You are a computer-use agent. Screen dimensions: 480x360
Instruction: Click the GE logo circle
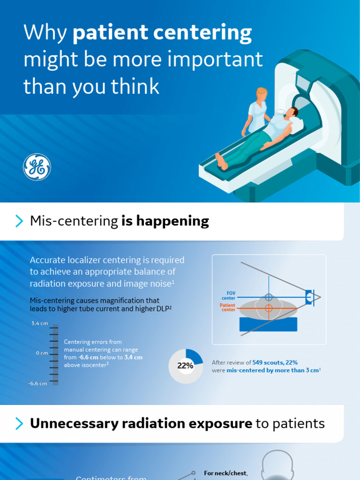tap(37, 167)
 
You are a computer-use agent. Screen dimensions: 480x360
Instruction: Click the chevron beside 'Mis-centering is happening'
tap(19, 221)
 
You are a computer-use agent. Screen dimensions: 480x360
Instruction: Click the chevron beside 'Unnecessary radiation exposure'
tap(19, 424)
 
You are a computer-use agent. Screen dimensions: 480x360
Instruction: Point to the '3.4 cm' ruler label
tap(39, 323)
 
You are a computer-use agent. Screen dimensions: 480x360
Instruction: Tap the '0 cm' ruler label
tap(42, 353)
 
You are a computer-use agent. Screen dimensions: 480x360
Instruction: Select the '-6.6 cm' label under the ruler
tap(37, 383)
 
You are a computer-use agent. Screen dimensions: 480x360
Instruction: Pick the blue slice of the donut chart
tap(195, 356)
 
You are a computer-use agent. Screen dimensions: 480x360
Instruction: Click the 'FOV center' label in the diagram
tap(229, 296)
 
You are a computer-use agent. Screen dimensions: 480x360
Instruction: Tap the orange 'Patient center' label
tap(228, 307)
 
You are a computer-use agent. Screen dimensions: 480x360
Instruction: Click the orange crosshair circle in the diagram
tap(269, 308)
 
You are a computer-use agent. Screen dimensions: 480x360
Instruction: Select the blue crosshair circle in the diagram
tap(269, 297)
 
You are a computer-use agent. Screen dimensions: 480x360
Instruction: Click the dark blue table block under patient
tap(269, 324)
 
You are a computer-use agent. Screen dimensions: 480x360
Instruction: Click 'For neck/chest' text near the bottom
tap(226, 474)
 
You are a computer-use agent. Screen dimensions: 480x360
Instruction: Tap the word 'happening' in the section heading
tap(165, 221)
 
